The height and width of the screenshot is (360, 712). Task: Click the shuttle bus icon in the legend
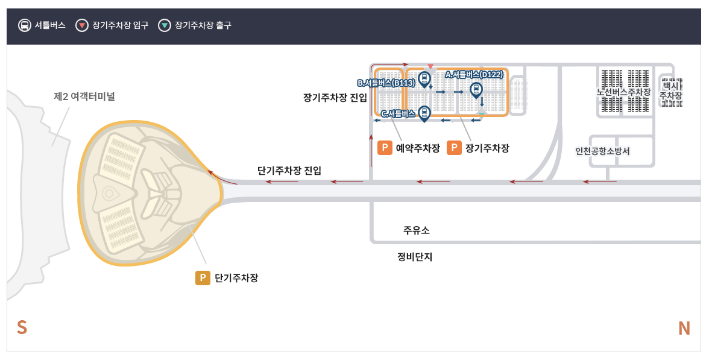pos(25,25)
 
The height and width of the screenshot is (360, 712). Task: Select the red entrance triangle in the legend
pos(81,25)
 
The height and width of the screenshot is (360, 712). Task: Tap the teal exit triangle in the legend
pos(164,25)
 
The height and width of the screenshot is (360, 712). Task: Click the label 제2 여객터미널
pos(84,96)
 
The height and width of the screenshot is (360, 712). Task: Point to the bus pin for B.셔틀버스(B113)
pos(424,78)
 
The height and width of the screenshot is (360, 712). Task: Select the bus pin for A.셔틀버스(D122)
pos(476,90)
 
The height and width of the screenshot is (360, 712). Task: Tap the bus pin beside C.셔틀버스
pos(424,112)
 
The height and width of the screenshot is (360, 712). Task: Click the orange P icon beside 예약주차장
pos(384,148)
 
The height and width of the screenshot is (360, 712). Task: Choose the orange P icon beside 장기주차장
pos(454,148)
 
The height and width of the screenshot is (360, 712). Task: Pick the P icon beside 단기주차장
pos(203,278)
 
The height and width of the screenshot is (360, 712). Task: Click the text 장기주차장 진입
pos(335,98)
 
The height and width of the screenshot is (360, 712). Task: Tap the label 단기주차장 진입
pos(289,171)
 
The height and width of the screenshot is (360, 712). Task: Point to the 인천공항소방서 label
pos(602,151)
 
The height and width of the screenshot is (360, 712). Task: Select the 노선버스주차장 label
pos(623,92)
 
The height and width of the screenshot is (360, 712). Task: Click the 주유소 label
pos(416,230)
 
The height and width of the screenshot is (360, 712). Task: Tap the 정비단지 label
pos(414,256)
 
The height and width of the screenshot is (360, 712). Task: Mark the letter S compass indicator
pos(22,327)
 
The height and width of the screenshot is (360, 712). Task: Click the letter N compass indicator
pos(684,328)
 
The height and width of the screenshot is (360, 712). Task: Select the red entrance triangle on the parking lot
pos(430,66)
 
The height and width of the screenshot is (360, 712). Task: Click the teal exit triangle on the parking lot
pos(481,113)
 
